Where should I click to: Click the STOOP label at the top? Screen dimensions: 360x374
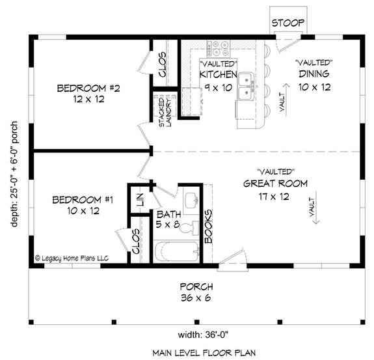pos(288,23)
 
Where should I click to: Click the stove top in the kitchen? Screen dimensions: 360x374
pos(216,49)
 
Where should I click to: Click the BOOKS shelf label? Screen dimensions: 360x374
pos(208,226)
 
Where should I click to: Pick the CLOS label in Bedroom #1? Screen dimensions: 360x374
pos(137,242)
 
